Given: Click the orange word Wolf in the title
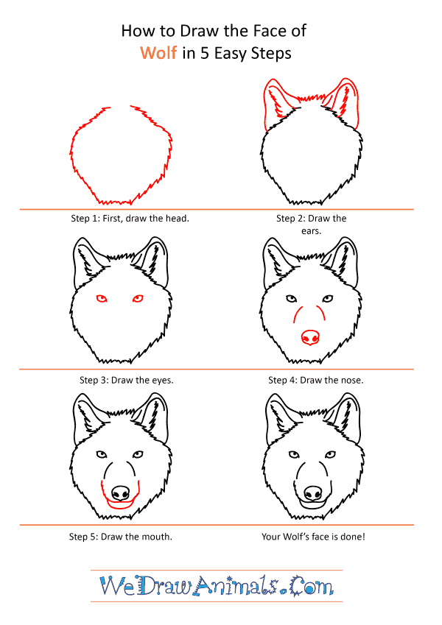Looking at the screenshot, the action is pos(158,53).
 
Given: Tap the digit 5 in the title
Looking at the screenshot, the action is pos(205,54).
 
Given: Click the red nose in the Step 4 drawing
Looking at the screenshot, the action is pos(310,337).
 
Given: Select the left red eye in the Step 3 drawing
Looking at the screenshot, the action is pos(102,298).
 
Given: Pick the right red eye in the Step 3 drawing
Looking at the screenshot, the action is pos(138,298).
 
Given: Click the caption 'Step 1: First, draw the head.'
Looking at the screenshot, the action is pos(130,219).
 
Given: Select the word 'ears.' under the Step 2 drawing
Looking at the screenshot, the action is pos(311,231).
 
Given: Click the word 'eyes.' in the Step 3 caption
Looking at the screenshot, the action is pos(162,381).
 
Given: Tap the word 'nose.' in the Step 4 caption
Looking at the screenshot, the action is pos(352,381).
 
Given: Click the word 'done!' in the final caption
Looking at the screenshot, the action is pos(353,537).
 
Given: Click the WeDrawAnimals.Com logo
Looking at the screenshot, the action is pos(217,586).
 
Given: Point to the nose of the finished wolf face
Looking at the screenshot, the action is pos(313,493).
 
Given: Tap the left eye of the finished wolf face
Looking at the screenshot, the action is pos(294,455).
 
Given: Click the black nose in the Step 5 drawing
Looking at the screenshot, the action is pos(120,493).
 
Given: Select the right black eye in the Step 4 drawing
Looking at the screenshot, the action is pos(328,299).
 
